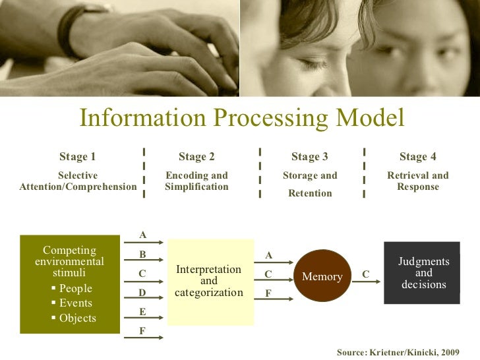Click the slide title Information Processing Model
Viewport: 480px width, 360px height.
(x=241, y=118)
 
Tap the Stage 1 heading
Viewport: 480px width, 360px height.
(x=77, y=156)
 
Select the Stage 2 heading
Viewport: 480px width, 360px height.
(x=196, y=156)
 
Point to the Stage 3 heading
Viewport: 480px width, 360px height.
(x=309, y=156)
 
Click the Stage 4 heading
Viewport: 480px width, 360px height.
(x=417, y=156)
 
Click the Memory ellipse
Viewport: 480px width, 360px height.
(x=322, y=276)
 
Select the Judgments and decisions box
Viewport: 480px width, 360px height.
(x=423, y=273)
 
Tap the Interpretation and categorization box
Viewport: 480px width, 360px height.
(x=209, y=281)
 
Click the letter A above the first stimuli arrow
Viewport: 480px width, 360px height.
(x=142, y=235)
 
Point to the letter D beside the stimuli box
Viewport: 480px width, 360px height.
(x=142, y=292)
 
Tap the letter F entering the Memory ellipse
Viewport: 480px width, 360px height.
(x=268, y=292)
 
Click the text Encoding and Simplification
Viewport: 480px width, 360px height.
(x=196, y=181)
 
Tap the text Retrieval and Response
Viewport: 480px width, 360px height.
(x=417, y=181)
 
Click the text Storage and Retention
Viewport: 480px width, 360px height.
(x=309, y=184)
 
